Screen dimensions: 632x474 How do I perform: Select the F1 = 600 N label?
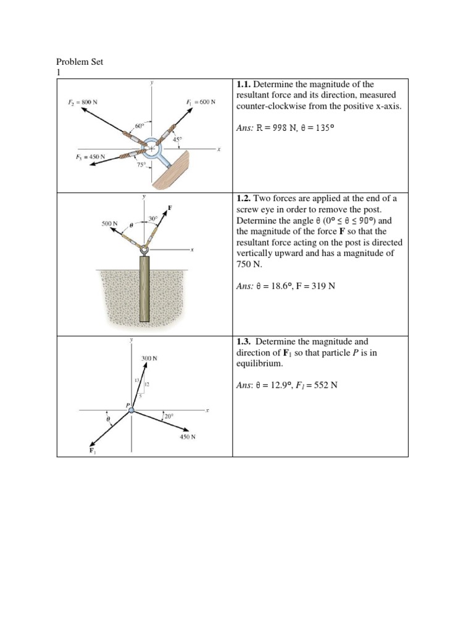pyautogui.click(x=200, y=102)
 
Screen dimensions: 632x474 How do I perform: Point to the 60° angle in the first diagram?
pyautogui.click(x=139, y=127)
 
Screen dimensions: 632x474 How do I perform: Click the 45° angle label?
pyautogui.click(x=177, y=139)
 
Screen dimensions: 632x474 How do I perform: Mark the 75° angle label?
pyautogui.click(x=141, y=165)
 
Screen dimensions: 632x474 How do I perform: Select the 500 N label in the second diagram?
pyautogui.click(x=109, y=223)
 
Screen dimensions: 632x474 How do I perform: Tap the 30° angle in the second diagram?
pyautogui.click(x=152, y=218)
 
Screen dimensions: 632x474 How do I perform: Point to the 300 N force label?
pyautogui.click(x=149, y=358)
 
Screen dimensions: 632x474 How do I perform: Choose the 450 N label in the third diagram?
pyautogui.click(x=188, y=437)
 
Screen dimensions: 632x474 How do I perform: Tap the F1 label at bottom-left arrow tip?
pyautogui.click(x=93, y=452)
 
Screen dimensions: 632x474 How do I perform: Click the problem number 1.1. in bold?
pyautogui.click(x=244, y=84)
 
